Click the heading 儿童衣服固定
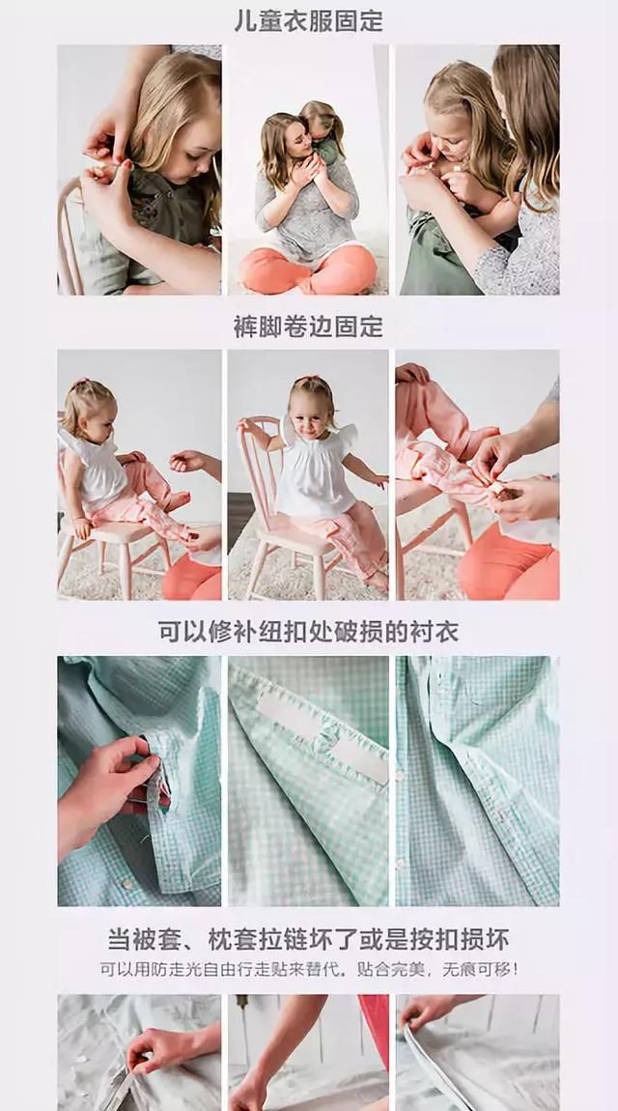(308, 21)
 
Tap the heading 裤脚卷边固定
(308, 327)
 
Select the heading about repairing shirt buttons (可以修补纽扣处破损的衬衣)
(308, 633)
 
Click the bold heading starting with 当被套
(308, 939)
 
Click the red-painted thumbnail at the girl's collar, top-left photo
(126, 165)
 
